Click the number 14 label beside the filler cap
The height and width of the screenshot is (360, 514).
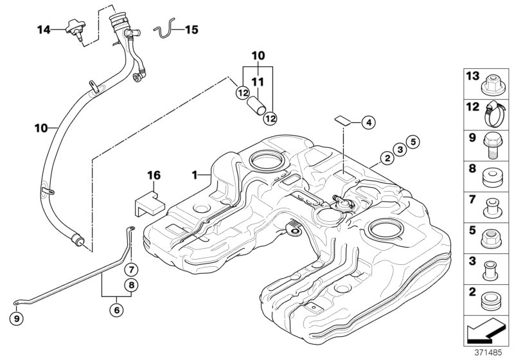pyautogui.click(x=43, y=29)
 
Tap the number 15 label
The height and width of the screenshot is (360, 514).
pyautogui.click(x=193, y=29)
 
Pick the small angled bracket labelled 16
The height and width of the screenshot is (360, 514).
pyautogui.click(x=148, y=200)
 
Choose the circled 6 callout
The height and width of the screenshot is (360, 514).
pyautogui.click(x=116, y=310)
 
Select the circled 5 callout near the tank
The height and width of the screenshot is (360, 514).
pyautogui.click(x=412, y=142)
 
